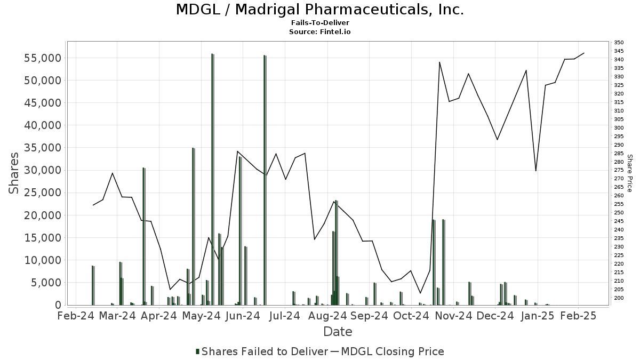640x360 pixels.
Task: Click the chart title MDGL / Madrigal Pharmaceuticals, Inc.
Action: [320, 10]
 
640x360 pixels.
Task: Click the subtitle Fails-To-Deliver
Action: [320, 23]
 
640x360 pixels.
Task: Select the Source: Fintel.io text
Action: [320, 32]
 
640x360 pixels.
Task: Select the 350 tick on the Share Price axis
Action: [619, 43]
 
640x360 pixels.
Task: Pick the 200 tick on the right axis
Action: [619, 298]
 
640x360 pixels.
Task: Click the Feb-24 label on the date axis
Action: [76, 316]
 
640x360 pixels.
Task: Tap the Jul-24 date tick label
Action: [284, 316]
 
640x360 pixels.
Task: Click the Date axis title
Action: [338, 332]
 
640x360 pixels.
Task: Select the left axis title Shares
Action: [14, 173]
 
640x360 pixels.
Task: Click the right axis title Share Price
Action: [629, 173]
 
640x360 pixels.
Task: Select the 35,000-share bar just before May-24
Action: [194, 226]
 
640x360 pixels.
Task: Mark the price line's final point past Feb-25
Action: [585, 53]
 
